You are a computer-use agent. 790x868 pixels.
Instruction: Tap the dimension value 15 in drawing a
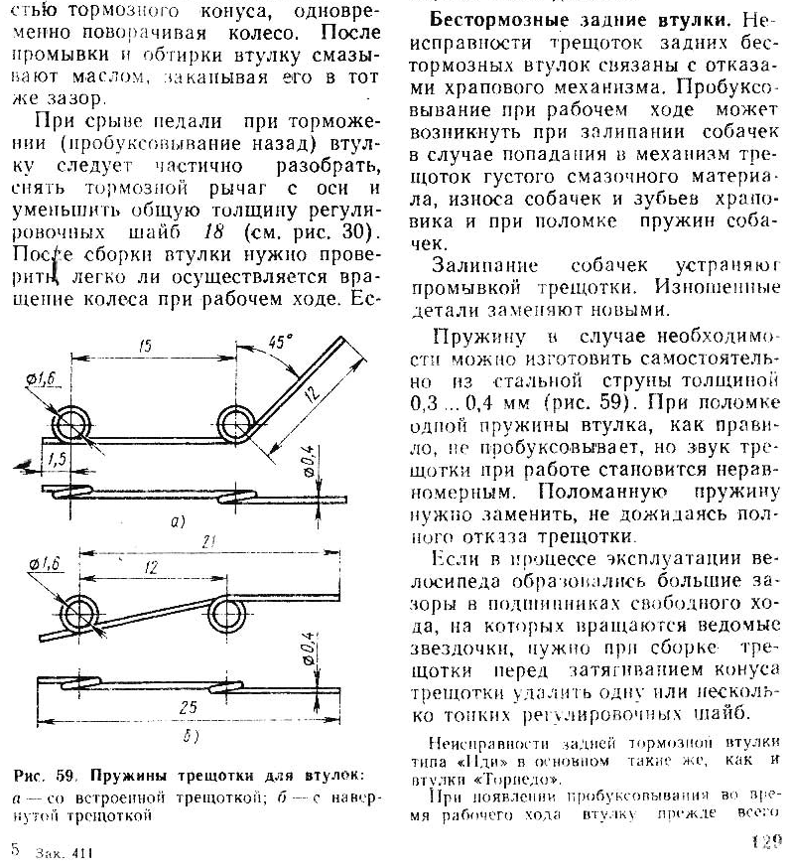coord(145,347)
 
